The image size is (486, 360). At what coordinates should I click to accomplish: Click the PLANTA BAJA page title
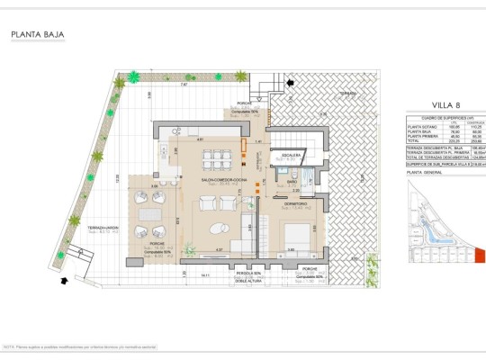coord(37,36)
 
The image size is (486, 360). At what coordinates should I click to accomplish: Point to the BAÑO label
coord(293,182)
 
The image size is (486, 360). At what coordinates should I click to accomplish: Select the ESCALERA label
coord(291,155)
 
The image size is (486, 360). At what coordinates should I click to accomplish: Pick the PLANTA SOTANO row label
coord(422,128)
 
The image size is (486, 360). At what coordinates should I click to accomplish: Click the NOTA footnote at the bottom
coord(81,346)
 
